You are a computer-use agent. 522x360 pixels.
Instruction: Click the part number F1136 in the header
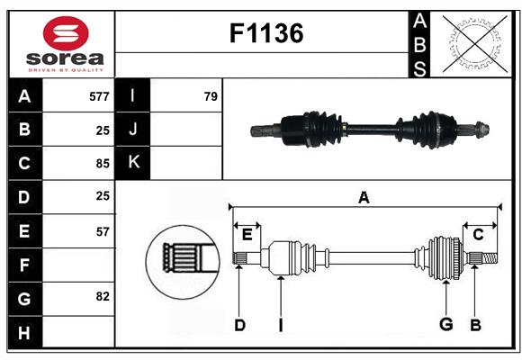pyautogui.click(x=266, y=34)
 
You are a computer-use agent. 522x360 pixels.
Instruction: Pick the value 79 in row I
pyautogui.click(x=210, y=96)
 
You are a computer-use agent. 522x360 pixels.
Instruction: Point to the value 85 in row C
pyautogui.click(x=102, y=164)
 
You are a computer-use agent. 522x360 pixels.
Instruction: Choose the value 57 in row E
pyautogui.click(x=102, y=231)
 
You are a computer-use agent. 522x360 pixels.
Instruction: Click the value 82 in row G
pyautogui.click(x=102, y=296)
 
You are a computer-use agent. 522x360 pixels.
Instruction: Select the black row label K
pyautogui.click(x=133, y=163)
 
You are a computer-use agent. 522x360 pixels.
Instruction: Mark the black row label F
pyautogui.click(x=24, y=265)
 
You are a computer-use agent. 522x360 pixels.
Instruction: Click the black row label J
pyautogui.click(x=133, y=130)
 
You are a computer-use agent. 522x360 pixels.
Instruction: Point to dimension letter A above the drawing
pyautogui.click(x=364, y=198)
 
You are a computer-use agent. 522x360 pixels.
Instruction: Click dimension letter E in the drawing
pyautogui.click(x=247, y=235)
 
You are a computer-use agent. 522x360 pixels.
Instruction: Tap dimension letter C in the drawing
pyautogui.click(x=478, y=235)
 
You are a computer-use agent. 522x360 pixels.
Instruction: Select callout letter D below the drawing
pyautogui.click(x=239, y=325)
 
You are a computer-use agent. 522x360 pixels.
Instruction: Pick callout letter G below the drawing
pyautogui.click(x=445, y=325)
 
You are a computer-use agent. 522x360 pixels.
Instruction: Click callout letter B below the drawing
pyautogui.click(x=475, y=325)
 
